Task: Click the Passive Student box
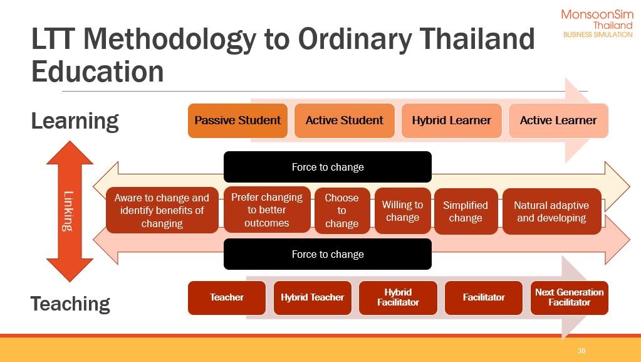[x=237, y=120]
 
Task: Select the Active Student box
[x=344, y=120]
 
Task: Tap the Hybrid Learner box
[x=451, y=120]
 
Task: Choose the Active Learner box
[x=558, y=120]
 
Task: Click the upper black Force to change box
[x=328, y=167]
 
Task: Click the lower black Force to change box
[x=328, y=254]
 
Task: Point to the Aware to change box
[x=162, y=210]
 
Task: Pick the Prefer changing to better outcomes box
[x=267, y=210]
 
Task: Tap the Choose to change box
[x=341, y=210]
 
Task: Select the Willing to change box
[x=403, y=211]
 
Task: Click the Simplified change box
[x=466, y=211]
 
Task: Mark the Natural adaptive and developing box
[x=551, y=211]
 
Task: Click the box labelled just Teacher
[x=226, y=298]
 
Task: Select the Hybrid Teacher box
[x=312, y=298]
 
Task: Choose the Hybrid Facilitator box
[x=398, y=298]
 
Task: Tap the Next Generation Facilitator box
[x=569, y=298]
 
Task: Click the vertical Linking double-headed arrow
[x=70, y=211]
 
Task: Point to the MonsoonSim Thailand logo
[x=597, y=23]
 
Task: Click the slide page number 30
[x=581, y=351]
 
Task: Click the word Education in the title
[x=98, y=72]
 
